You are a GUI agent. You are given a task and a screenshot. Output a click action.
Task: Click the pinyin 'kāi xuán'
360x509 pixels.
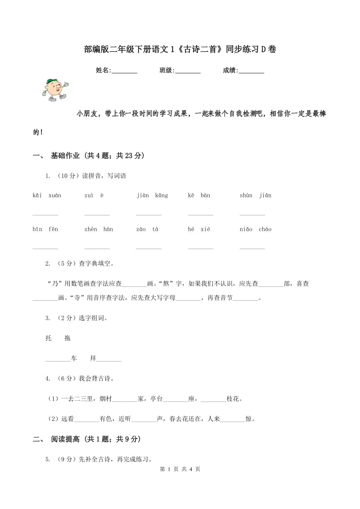point(47,195)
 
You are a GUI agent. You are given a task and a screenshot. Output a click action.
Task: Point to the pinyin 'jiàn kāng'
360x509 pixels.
point(152,195)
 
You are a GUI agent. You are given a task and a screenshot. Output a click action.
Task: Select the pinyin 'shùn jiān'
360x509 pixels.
point(256,195)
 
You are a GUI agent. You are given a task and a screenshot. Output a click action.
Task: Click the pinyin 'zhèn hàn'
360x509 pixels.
point(99,229)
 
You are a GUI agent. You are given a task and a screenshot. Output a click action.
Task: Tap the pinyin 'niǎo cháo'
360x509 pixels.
point(256,229)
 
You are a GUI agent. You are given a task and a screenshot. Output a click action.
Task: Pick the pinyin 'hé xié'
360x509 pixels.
point(199,229)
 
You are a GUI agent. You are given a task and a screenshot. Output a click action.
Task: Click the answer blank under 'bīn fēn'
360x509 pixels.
point(45,247)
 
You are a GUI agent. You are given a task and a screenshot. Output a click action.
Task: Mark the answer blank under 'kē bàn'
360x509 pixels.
point(201,214)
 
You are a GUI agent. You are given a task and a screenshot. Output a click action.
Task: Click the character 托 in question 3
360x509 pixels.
point(49,338)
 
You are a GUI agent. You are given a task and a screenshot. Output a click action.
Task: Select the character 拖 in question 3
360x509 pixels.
point(67,338)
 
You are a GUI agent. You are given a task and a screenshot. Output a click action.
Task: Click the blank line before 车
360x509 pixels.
point(58,360)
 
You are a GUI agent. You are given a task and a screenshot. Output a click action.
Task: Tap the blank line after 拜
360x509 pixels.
point(109,360)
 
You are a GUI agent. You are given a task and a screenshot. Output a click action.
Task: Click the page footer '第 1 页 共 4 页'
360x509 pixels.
point(180,469)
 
